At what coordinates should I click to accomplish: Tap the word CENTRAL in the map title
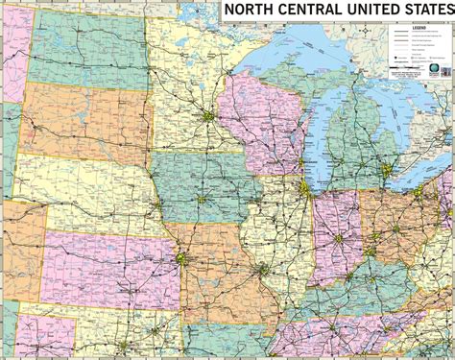click(x=307, y=11)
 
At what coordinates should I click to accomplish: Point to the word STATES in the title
click(x=426, y=11)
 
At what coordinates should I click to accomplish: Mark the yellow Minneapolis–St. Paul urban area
click(x=207, y=118)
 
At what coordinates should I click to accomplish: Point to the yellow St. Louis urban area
click(x=262, y=272)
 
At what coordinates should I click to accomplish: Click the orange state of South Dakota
click(x=82, y=120)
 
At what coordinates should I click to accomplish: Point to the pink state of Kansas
click(x=106, y=259)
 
